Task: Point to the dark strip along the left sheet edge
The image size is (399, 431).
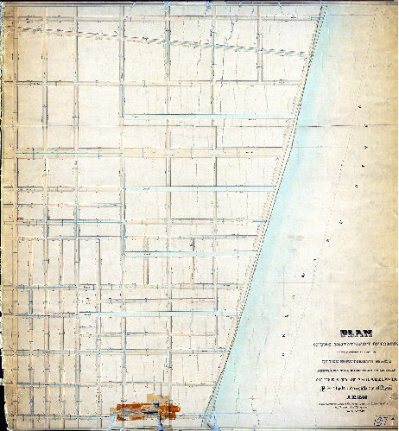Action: coord(3,216)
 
